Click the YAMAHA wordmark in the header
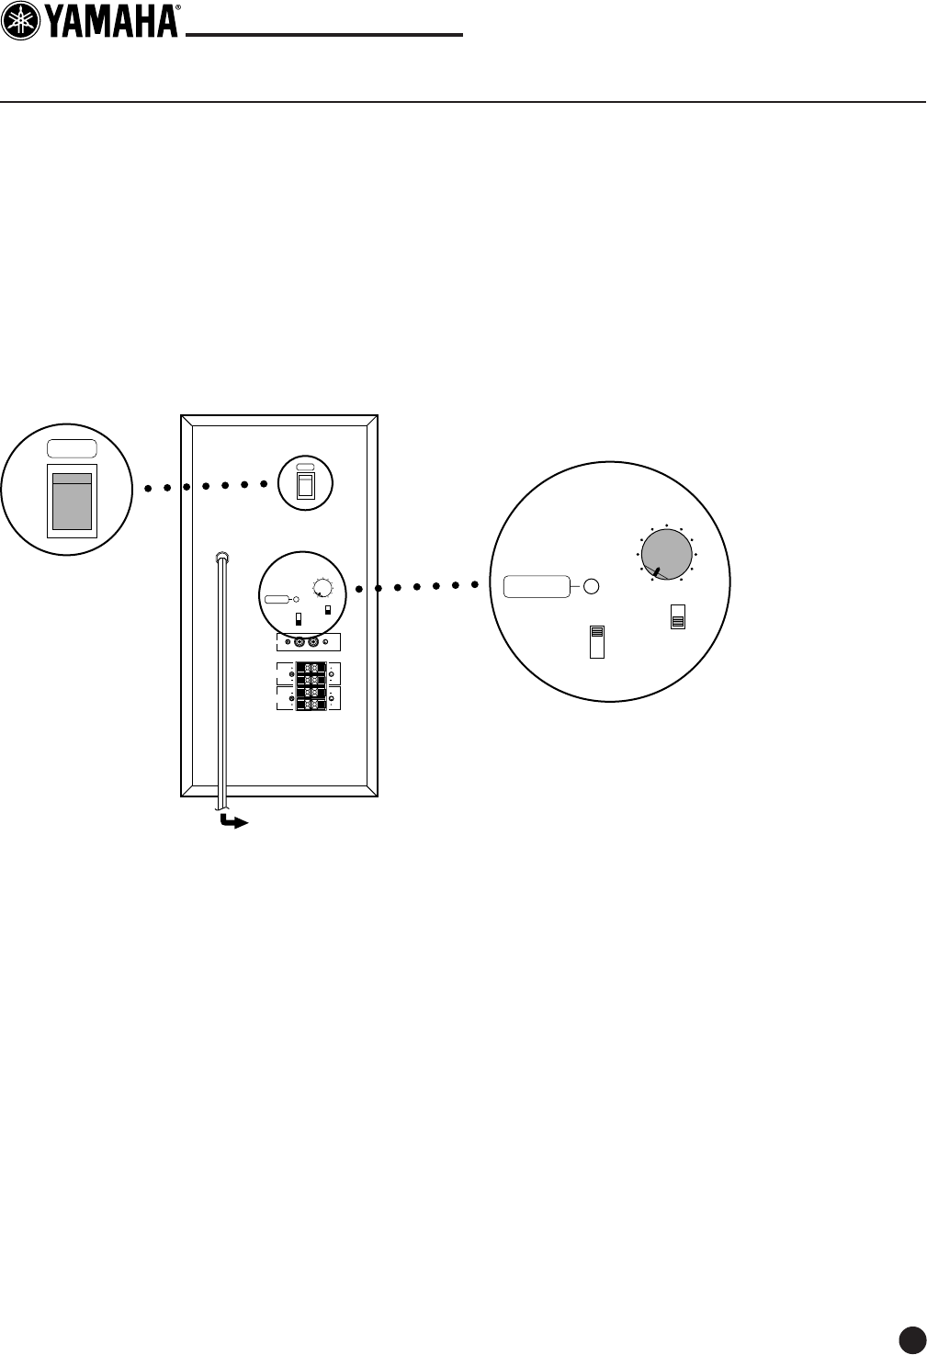(x=111, y=20)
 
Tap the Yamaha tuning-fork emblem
(x=20, y=20)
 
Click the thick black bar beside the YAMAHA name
(x=324, y=36)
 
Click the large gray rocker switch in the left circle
(x=72, y=501)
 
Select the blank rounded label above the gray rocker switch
(x=72, y=449)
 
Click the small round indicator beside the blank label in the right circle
(x=592, y=585)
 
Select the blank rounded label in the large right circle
(x=537, y=585)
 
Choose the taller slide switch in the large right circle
(x=597, y=641)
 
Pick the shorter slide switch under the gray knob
(x=678, y=617)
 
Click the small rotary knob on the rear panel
(x=323, y=588)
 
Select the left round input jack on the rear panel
(x=299, y=643)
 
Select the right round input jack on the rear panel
(x=314, y=643)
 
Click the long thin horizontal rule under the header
(x=463, y=102)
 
